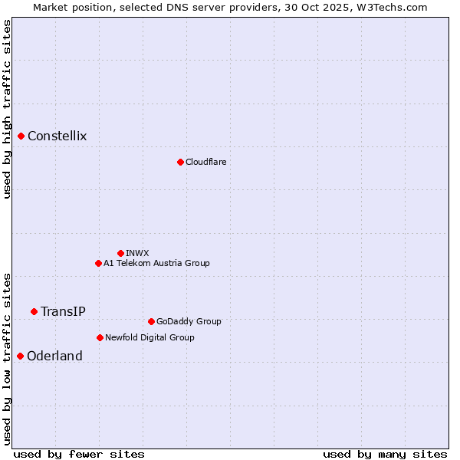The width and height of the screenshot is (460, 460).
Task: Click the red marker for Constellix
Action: point(21,136)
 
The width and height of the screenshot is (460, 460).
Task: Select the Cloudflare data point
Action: point(180,162)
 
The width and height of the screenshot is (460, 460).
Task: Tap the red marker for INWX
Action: point(120,253)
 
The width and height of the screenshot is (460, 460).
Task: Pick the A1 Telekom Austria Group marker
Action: point(98,263)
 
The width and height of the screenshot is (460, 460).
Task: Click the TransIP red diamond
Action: point(34,311)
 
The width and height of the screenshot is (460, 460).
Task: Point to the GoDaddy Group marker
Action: point(151,321)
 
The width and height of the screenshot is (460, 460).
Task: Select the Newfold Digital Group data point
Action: point(100,337)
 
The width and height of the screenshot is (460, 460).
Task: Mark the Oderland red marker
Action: point(20,356)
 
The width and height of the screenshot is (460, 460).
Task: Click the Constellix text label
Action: point(58,136)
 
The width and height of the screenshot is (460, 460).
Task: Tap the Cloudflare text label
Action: point(205,163)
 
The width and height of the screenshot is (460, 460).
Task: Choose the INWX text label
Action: point(137,253)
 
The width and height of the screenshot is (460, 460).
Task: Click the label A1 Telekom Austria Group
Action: point(156,264)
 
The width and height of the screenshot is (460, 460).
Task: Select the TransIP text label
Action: point(63,311)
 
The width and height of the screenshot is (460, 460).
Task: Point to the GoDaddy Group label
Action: point(188,322)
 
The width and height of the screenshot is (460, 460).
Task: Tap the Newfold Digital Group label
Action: point(149,337)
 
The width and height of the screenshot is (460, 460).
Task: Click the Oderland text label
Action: point(54,356)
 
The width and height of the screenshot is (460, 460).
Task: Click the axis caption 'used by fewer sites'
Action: point(79,454)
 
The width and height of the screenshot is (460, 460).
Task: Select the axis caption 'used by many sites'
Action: point(385,454)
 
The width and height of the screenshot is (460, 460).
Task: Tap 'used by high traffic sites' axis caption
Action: point(7,109)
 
